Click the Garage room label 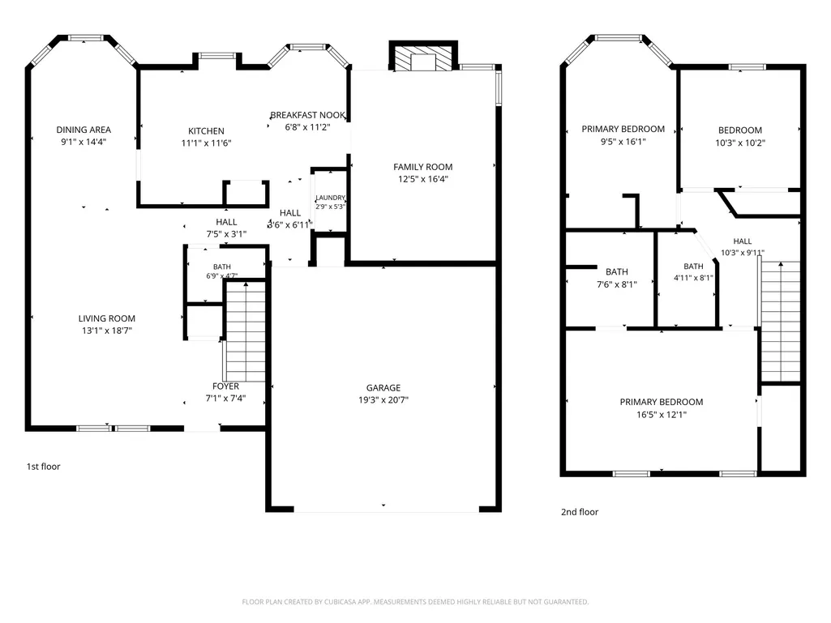click(383, 388)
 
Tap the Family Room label click(423, 167)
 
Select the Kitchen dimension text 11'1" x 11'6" click(206, 143)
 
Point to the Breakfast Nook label click(307, 115)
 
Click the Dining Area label click(84, 130)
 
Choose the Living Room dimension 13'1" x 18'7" click(106, 331)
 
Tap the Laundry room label click(330, 198)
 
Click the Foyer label click(225, 386)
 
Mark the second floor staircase click(780, 321)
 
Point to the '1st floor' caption click(44, 467)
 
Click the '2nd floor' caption click(580, 512)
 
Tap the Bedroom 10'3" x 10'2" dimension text click(740, 143)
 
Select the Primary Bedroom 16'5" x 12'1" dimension click(662, 415)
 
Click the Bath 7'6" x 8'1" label click(617, 271)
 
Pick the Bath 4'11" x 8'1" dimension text click(693, 278)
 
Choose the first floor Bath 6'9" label click(222, 267)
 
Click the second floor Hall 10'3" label click(743, 241)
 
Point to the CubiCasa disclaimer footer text click(415, 602)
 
